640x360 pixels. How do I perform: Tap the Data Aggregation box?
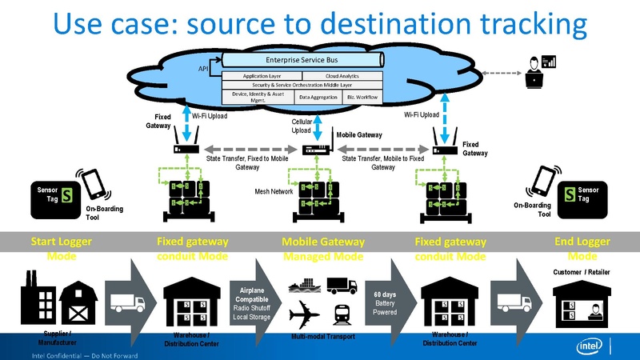click(318, 97)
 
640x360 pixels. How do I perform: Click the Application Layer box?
click(261, 75)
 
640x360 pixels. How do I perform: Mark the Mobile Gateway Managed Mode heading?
click(322, 249)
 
